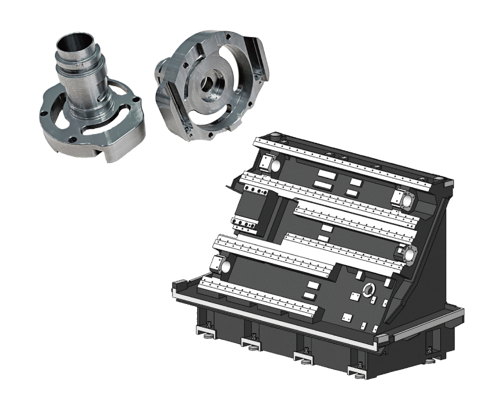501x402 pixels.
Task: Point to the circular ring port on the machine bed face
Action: pyautogui.click(x=369, y=289)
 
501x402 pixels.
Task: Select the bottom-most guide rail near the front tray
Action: pyautogui.click(x=260, y=298)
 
